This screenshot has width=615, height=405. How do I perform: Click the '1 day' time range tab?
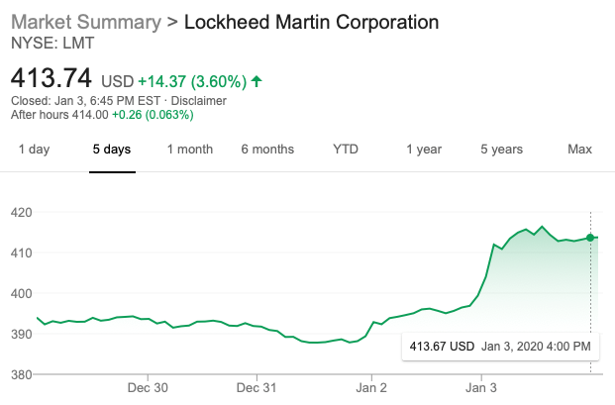pyautogui.click(x=34, y=150)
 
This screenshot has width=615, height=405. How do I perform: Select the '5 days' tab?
pyautogui.click(x=112, y=150)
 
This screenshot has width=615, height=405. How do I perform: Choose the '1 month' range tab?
pyautogui.click(x=189, y=150)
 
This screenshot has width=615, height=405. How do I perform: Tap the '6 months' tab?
pyautogui.click(x=267, y=150)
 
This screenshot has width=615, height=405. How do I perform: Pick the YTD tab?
pyautogui.click(x=346, y=150)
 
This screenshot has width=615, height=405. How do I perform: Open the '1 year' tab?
pyautogui.click(x=424, y=150)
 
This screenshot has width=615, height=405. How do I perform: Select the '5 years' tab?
pyautogui.click(x=501, y=150)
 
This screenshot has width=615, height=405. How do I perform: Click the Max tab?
pyautogui.click(x=579, y=150)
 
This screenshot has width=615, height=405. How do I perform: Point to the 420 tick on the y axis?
pyautogui.click(x=22, y=212)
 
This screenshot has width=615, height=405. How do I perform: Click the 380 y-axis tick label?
pyautogui.click(x=22, y=374)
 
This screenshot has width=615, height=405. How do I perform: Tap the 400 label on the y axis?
pyautogui.click(x=22, y=293)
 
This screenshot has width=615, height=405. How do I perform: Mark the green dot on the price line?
pyautogui.click(x=590, y=237)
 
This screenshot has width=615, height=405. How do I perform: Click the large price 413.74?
pyautogui.click(x=51, y=77)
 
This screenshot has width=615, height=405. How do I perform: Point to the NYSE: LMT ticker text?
pyautogui.click(x=48, y=43)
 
